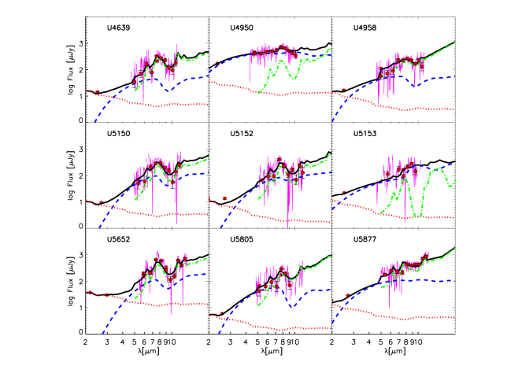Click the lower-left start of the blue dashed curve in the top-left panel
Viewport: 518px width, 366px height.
pyautogui.click(x=94, y=122)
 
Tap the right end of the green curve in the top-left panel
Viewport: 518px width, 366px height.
pyautogui.click(x=207, y=54)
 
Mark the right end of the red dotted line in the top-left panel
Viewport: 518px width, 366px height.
pyautogui.click(x=207, y=104)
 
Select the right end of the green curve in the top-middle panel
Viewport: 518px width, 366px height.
pyautogui.click(x=330, y=50)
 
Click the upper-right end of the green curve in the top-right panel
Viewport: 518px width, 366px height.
pyautogui.click(x=455, y=43)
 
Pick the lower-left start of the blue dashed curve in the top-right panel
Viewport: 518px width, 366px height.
pyautogui.click(x=331, y=122)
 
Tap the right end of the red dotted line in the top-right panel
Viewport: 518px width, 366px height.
pyautogui.click(x=455, y=109)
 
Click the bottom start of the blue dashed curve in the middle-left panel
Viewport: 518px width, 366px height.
pyautogui.click(x=99, y=228)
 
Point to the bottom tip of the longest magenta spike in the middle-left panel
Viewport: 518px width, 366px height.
pyautogui.click(x=176, y=224)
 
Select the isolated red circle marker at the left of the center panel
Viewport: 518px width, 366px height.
pyautogui.click(x=224, y=198)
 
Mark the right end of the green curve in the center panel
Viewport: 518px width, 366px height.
pyautogui.click(x=330, y=155)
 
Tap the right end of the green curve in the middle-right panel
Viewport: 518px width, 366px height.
pyautogui.click(x=455, y=182)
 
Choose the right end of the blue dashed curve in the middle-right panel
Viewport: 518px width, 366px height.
pyautogui.click(x=453, y=164)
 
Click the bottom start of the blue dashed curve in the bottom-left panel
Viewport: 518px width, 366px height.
pyautogui.click(x=102, y=334)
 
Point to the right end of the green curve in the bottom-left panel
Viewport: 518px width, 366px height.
pyautogui.click(x=207, y=257)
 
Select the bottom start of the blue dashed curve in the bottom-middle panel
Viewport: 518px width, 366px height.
pyautogui.click(x=218, y=334)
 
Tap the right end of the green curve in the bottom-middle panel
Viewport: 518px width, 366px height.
pyautogui.click(x=330, y=255)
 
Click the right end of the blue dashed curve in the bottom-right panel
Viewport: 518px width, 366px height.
pyautogui.click(x=455, y=280)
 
